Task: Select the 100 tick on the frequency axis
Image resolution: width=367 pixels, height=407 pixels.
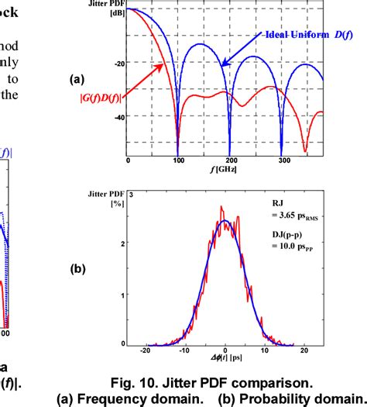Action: click(179, 160)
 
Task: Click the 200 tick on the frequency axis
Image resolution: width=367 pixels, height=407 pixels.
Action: click(230, 160)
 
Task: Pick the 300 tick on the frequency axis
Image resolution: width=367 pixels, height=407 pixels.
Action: click(282, 160)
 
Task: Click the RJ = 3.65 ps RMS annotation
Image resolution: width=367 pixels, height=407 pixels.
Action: click(295, 213)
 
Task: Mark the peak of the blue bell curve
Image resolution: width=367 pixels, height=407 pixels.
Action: click(225, 221)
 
